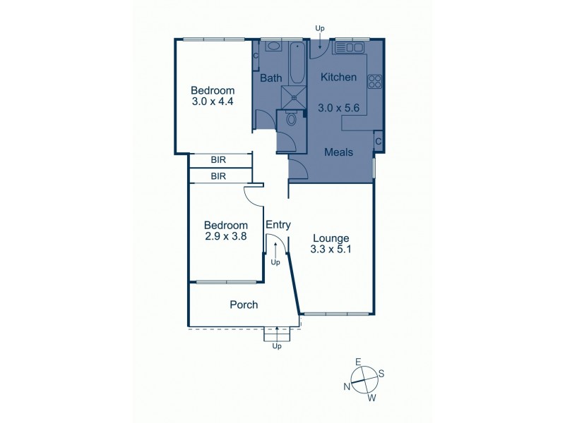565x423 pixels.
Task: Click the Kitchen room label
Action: [338, 77]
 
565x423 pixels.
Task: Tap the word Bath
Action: [270, 78]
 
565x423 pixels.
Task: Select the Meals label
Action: [338, 152]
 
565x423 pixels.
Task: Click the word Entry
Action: [278, 225]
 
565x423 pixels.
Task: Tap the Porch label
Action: [244, 305]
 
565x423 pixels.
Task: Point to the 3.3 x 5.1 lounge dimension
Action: [329, 249]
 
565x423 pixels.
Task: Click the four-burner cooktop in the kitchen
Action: [374, 81]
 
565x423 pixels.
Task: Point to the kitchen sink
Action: [348, 47]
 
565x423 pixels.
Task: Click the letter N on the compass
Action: [347, 386]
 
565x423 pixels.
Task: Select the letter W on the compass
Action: [371, 398]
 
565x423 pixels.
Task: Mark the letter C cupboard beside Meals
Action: [379, 142]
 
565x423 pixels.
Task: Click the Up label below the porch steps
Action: [277, 346]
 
